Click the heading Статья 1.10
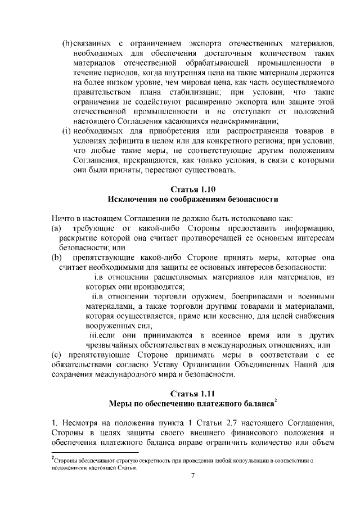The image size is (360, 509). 192,188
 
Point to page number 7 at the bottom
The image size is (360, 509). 192,476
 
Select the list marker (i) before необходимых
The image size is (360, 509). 66,131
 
